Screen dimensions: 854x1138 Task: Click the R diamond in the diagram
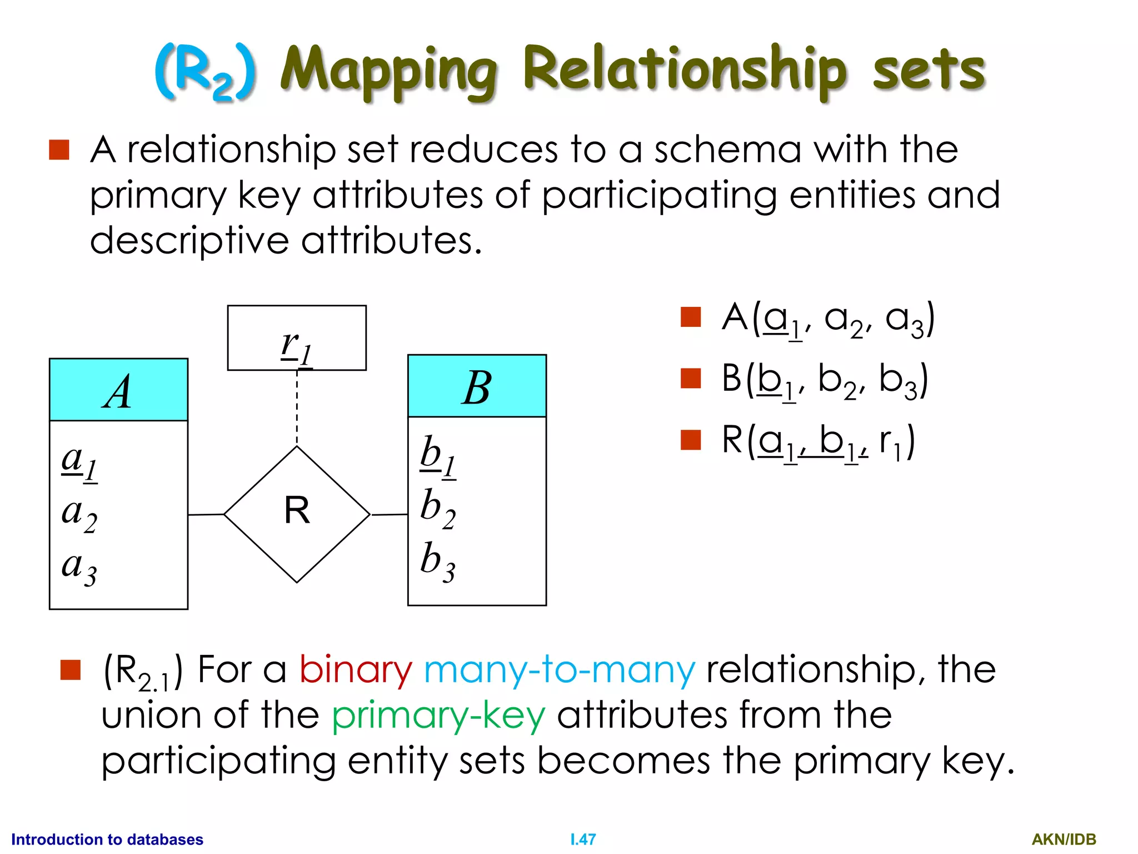[x=297, y=514]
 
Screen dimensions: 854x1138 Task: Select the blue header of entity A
[x=118, y=390]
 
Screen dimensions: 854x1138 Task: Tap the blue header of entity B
[x=477, y=386]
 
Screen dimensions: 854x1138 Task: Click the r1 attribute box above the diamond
[x=297, y=338]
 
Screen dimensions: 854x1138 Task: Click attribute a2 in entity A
[x=79, y=514]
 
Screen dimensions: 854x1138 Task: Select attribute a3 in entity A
[x=79, y=568]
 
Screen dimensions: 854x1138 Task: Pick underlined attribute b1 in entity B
[x=438, y=456]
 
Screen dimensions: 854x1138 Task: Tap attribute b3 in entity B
[x=438, y=562]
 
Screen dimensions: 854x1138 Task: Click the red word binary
[x=356, y=669]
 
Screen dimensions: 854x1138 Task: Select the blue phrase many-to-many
[x=559, y=669]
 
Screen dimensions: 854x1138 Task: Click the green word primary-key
[x=438, y=716]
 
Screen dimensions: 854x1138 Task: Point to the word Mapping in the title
[x=388, y=71]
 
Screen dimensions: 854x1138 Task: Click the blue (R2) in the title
[x=205, y=72]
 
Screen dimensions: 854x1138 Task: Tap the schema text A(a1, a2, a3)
[x=828, y=320]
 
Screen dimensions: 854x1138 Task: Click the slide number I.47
[x=583, y=840]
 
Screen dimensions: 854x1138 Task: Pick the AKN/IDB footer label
[x=1064, y=840]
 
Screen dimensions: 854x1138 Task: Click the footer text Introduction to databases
[x=107, y=840]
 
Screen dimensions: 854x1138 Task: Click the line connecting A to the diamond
[x=206, y=515]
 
